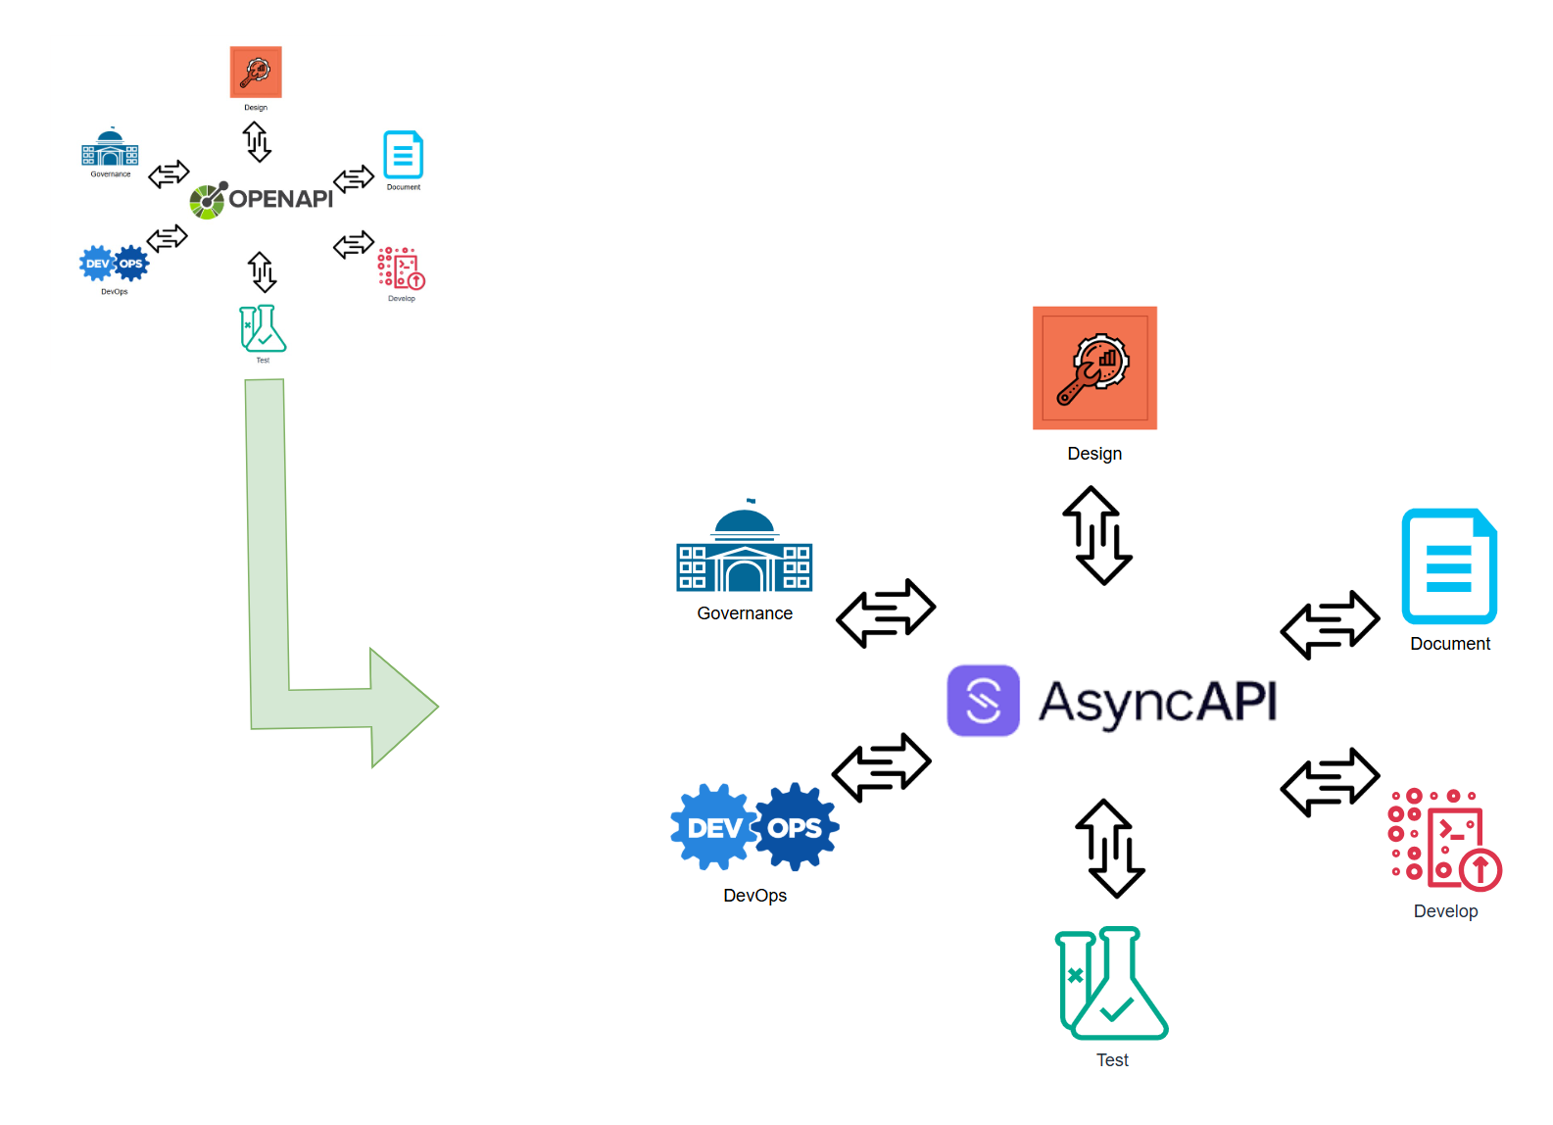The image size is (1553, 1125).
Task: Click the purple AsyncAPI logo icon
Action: click(983, 701)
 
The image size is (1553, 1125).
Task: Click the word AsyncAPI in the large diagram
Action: click(1157, 702)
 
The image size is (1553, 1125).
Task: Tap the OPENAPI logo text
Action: click(280, 199)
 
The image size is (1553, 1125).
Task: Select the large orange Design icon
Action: click(1094, 367)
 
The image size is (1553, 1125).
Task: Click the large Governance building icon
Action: click(745, 554)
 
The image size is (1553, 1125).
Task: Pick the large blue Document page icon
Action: click(1449, 566)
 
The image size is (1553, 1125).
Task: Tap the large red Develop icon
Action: click(1444, 839)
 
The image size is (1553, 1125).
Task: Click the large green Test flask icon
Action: click(1111, 984)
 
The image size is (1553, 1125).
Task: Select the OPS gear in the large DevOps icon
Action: click(796, 827)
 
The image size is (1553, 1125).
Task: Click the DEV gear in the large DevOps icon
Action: click(714, 828)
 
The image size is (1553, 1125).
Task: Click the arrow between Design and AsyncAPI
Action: click(1097, 536)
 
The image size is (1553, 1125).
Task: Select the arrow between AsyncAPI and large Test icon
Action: click(1109, 849)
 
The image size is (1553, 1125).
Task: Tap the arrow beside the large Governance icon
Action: click(886, 613)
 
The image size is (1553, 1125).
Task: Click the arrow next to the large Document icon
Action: click(1330, 625)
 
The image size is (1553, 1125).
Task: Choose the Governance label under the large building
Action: click(745, 613)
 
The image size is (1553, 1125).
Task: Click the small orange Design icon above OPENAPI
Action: click(256, 72)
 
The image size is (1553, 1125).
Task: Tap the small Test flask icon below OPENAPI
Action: click(263, 329)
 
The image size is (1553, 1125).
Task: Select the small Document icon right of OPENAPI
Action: click(403, 155)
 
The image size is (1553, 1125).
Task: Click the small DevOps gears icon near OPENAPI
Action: click(114, 264)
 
